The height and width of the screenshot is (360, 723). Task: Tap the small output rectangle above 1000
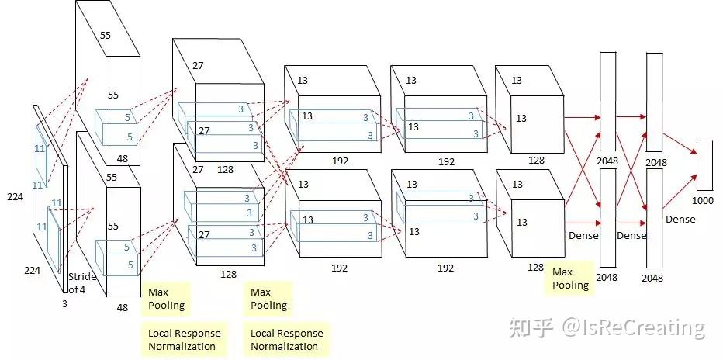point(704,165)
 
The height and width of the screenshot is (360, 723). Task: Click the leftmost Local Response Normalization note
point(184,340)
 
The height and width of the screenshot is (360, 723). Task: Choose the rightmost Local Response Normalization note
point(287,340)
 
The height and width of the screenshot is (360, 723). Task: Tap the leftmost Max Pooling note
point(166,299)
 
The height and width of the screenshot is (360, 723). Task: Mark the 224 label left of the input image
point(15,197)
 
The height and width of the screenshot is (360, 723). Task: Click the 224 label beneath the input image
point(31,271)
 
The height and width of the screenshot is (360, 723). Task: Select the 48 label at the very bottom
point(122,307)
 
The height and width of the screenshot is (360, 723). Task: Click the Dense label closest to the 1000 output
point(680,220)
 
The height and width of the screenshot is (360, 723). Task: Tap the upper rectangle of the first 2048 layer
point(607,97)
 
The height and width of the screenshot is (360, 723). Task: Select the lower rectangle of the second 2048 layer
point(654,209)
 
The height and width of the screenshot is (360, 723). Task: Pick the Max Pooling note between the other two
point(268,299)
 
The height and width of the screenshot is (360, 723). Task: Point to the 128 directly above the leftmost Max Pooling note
point(228,275)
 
